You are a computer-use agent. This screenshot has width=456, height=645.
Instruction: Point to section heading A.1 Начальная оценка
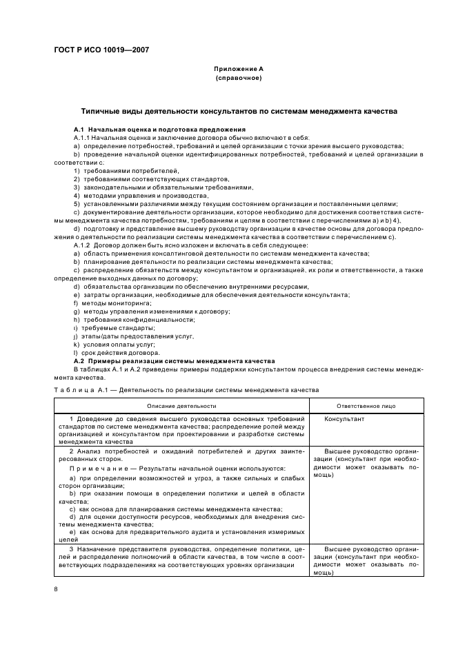[159, 130]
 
